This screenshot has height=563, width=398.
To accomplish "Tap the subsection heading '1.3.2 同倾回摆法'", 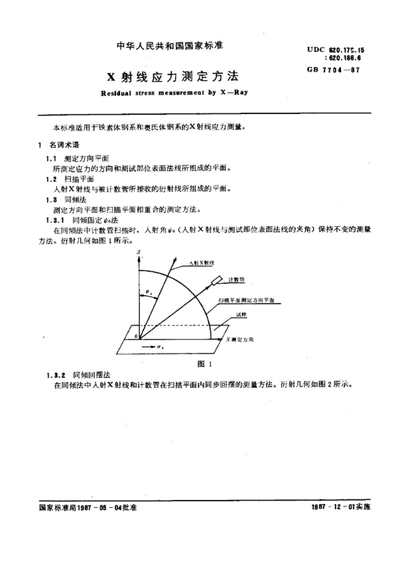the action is [82, 374].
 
